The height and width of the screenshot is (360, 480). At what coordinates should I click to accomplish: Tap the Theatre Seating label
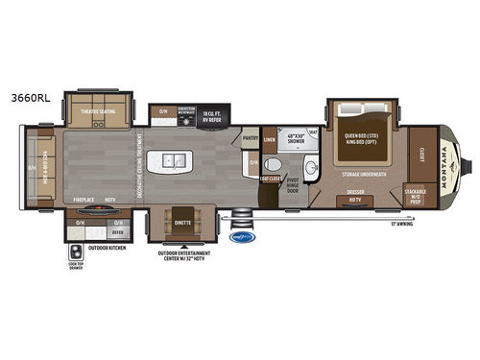pos(100,110)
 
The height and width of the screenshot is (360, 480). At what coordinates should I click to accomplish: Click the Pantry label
pos(251,137)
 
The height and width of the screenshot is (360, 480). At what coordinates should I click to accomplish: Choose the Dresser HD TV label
pos(355,199)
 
